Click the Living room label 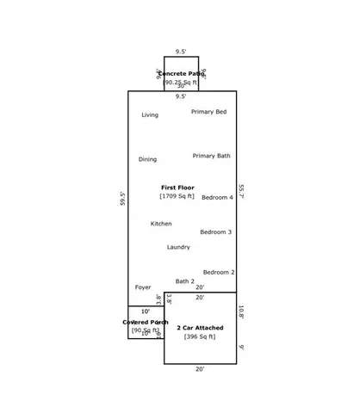tap(150, 114)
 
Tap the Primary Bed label tap(208, 112)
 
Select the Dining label tap(147, 159)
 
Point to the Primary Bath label tap(211, 156)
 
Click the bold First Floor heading tap(177, 187)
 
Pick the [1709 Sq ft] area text tap(177, 196)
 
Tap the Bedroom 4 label tap(217, 197)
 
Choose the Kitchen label tap(161, 224)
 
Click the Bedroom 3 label tap(215, 231)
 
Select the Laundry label tap(178, 247)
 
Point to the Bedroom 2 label tap(219, 272)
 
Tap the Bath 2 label tap(185, 281)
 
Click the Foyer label tap(143, 287)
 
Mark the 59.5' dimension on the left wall tap(123, 198)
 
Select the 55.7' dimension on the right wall tap(242, 191)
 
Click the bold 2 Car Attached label tap(200, 328)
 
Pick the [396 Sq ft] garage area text tap(200, 336)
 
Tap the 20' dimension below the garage tap(200, 369)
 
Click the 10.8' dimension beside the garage tap(242, 311)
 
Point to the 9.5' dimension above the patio tap(181, 52)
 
